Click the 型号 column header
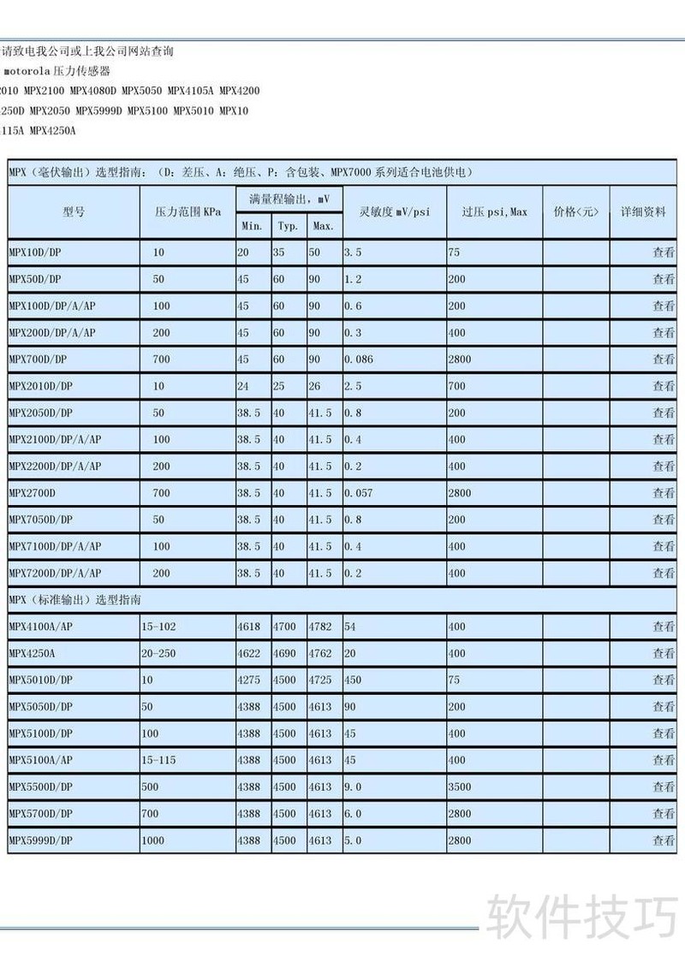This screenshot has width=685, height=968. click(x=74, y=211)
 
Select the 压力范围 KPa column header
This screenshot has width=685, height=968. click(x=187, y=211)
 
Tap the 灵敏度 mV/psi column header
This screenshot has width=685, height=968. click(x=394, y=211)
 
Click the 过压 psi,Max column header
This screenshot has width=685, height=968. click(x=494, y=211)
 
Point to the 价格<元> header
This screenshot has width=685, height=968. click(x=576, y=211)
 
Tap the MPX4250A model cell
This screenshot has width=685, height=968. click(x=32, y=653)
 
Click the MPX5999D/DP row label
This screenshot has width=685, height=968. click(x=41, y=840)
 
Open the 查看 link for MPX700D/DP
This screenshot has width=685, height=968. click(x=664, y=359)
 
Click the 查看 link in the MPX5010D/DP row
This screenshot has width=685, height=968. click(x=664, y=680)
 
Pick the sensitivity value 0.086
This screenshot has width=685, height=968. click(x=359, y=359)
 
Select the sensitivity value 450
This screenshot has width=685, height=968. click(x=353, y=680)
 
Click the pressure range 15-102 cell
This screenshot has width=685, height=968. click(x=159, y=627)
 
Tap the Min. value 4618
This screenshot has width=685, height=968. click(x=248, y=627)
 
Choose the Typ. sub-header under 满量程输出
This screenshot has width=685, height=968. click(x=287, y=226)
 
